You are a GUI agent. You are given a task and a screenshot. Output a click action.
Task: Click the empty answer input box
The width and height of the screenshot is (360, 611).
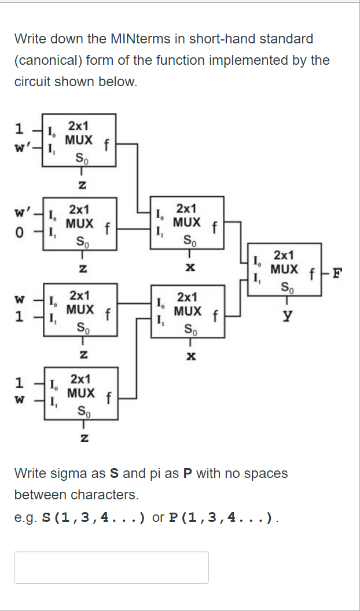click(x=111, y=567)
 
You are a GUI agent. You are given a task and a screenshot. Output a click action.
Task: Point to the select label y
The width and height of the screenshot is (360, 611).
click(x=286, y=316)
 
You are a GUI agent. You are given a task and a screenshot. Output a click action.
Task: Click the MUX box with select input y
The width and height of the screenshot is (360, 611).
click(x=284, y=270)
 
